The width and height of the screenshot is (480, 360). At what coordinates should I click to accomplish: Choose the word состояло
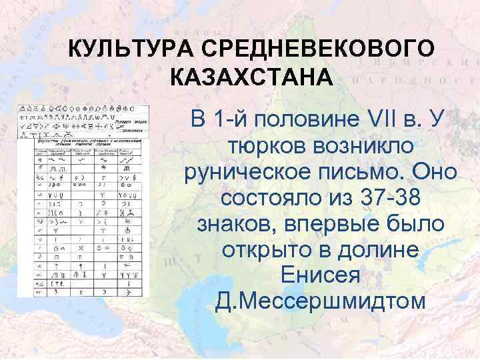point(270,198)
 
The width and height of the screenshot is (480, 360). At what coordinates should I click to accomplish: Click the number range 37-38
point(385,198)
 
